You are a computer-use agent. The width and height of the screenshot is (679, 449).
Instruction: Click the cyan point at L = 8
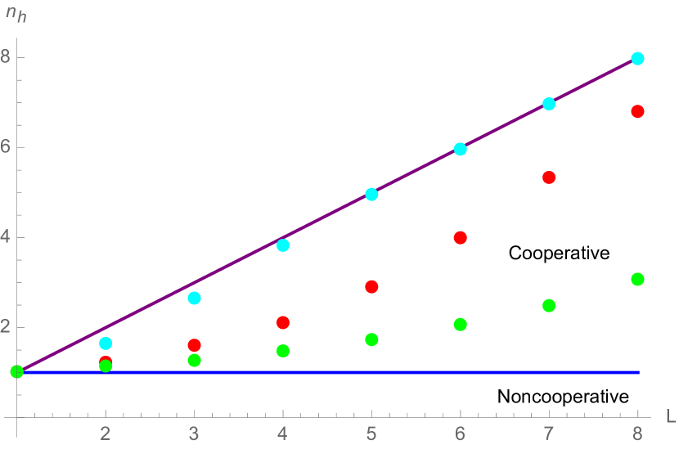[638, 59]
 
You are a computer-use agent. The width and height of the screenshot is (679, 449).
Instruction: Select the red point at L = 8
[638, 111]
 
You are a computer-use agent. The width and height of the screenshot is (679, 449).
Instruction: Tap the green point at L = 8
[638, 279]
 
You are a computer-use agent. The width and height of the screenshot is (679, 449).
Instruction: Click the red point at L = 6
[460, 238]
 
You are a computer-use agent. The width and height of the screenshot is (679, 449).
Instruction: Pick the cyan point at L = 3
[194, 298]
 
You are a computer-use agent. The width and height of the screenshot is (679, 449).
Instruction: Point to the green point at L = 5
[371, 339]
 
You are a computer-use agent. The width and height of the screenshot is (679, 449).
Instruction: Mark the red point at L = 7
[549, 177]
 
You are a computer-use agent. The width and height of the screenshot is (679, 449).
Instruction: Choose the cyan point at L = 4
[283, 245]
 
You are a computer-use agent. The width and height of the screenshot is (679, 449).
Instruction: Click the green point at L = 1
[16, 372]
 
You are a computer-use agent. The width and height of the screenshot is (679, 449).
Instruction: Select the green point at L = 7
[549, 306]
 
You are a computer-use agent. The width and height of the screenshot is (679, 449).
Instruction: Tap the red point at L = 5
[371, 287]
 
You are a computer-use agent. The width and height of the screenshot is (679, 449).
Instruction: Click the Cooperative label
[560, 254]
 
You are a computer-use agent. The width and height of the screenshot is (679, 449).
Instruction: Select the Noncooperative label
[564, 397]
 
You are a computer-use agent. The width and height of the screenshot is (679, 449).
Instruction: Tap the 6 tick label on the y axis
[6, 148]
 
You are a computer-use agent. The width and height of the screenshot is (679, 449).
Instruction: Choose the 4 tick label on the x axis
[283, 433]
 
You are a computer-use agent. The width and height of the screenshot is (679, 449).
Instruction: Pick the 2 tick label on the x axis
[105, 433]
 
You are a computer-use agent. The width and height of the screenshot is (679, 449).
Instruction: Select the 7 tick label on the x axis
[549, 433]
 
